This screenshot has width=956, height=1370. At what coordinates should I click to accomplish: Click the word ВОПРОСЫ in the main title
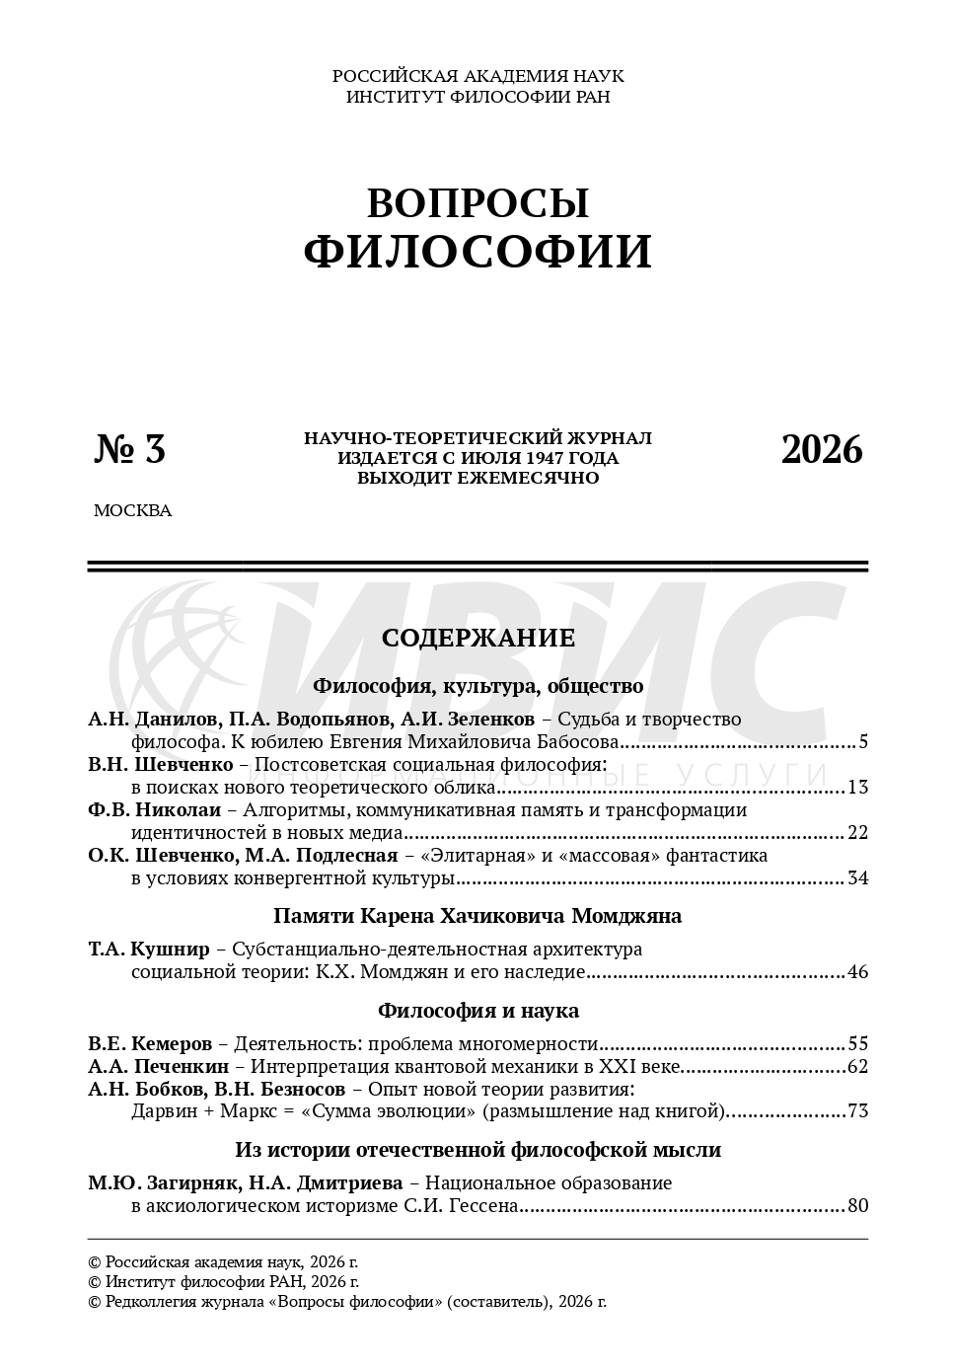click(478, 203)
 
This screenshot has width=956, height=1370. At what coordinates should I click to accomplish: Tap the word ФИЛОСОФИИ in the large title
click(478, 252)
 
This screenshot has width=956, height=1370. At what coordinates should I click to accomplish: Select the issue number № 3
click(130, 449)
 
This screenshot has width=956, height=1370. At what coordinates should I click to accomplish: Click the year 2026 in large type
click(822, 449)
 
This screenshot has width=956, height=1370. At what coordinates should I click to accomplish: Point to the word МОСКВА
click(132, 510)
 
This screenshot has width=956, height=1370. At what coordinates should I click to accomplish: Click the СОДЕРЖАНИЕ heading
click(478, 638)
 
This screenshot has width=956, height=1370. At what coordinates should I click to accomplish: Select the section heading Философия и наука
click(478, 1011)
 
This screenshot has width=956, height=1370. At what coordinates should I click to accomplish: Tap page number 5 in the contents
click(862, 742)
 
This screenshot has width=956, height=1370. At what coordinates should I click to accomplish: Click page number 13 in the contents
click(857, 788)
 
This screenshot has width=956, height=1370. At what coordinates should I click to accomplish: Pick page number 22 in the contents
click(857, 833)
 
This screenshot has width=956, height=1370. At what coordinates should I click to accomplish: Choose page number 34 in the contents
click(857, 878)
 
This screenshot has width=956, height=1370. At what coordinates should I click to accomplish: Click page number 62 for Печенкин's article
click(857, 1067)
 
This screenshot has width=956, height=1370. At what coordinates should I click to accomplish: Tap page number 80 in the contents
click(857, 1206)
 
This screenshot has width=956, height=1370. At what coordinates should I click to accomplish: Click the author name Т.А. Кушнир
click(149, 950)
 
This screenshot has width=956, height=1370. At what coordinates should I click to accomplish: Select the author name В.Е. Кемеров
click(150, 1044)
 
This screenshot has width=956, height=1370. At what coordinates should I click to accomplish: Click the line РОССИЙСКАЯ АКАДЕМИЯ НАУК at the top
click(478, 76)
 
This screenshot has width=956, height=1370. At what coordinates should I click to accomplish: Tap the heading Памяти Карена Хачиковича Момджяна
click(478, 916)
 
